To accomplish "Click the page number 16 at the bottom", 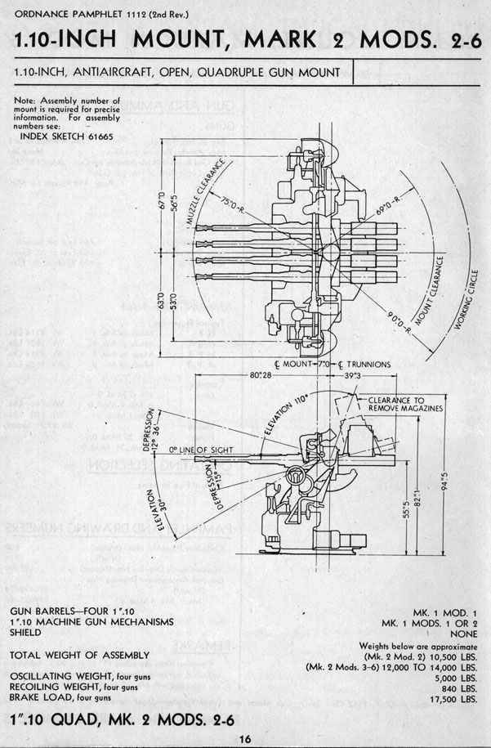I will (x=244, y=739).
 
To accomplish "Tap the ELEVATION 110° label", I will (x=292, y=414).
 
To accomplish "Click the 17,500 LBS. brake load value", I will (x=457, y=700).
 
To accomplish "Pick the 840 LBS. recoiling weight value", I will (x=461, y=688).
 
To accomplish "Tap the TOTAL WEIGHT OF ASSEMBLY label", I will (x=79, y=656).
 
